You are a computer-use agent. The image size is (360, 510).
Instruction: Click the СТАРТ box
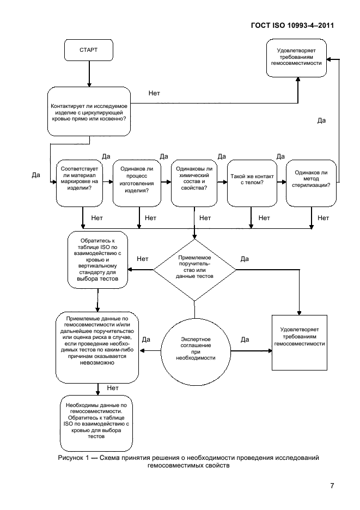point(89,50)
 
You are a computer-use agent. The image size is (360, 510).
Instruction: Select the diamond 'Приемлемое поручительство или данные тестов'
point(194,270)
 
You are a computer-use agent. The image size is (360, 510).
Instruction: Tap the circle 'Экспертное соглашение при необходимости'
point(196,351)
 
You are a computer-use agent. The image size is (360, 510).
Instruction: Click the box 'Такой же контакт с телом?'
point(252,183)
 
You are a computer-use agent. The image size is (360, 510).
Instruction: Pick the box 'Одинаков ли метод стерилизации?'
point(311,183)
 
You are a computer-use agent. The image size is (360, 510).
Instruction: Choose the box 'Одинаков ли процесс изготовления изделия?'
point(137,183)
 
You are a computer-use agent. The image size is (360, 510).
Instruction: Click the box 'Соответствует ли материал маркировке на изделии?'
point(80,183)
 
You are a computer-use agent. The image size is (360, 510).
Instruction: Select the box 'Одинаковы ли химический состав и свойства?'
point(194,183)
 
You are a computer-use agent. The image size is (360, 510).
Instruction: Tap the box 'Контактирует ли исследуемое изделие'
point(89,112)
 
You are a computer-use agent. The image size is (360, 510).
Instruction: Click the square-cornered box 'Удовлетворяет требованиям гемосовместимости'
point(300,343)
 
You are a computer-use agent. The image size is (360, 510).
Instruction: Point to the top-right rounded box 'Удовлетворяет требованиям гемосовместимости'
point(297,58)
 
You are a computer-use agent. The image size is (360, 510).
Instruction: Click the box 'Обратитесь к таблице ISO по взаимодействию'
point(97,260)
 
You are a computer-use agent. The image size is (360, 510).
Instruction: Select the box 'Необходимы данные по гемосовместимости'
point(96,423)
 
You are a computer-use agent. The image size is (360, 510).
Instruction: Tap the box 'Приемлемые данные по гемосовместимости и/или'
point(97,348)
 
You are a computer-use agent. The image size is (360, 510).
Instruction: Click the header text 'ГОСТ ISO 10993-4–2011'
point(292,26)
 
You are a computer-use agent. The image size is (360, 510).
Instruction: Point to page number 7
point(332,485)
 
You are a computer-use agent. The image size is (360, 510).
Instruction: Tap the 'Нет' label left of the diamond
point(143,259)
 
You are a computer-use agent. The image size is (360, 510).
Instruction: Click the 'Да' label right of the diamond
point(245,259)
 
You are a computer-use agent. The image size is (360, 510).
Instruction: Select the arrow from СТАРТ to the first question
point(89,74)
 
